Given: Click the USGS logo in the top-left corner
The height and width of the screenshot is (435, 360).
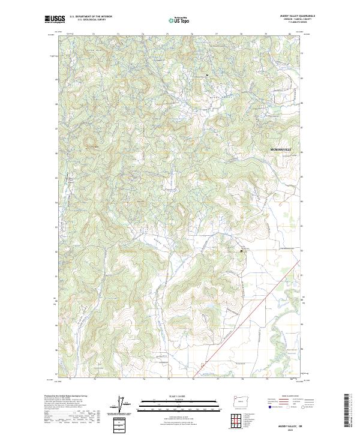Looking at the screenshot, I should tap(55, 19).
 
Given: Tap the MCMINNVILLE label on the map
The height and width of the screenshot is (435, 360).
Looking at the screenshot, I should tap(277, 147).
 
